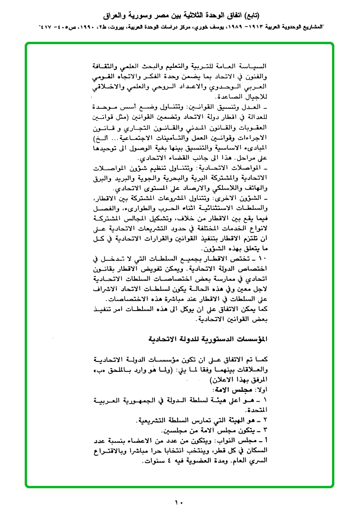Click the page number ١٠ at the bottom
pyautogui.click(x=179, y=502)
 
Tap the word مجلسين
pyautogui.click(x=173, y=431)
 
